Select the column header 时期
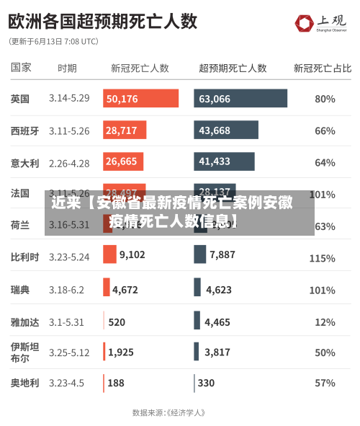67,68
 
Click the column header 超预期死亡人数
233,68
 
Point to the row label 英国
20,99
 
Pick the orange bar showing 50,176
140,99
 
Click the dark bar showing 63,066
240,99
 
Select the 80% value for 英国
325,99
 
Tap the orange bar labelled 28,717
125,130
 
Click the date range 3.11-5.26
69,130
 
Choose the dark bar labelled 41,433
224,161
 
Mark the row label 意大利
24,163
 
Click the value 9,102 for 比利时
132,254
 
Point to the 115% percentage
322,257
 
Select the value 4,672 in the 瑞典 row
125,290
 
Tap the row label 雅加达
24,322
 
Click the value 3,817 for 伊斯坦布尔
217,352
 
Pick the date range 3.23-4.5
66,383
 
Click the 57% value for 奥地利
325,383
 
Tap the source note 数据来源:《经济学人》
169,413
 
